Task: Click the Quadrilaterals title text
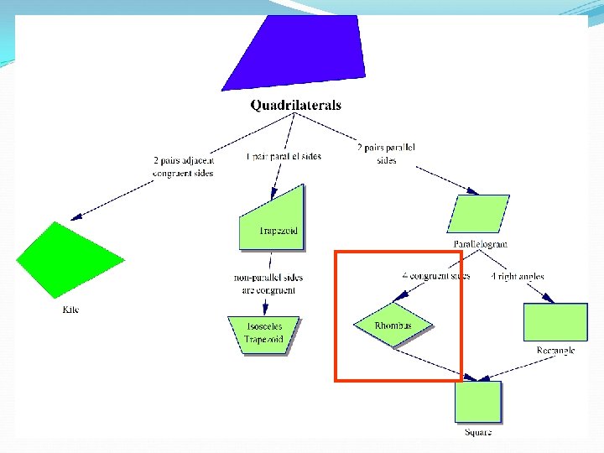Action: [295, 106]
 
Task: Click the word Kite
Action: [71, 310]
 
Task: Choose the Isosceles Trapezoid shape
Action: [264, 335]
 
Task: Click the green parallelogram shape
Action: [478, 214]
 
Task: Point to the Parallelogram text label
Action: [480, 244]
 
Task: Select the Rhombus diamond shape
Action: [393, 325]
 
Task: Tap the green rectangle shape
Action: [555, 321]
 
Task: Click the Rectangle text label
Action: [555, 351]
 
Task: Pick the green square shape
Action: [478, 401]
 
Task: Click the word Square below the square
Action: [478, 432]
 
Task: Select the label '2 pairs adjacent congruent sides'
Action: [183, 166]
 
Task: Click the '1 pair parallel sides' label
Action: [283, 156]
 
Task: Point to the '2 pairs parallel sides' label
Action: [387, 154]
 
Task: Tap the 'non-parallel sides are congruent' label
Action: [268, 284]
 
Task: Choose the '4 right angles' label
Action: [518, 276]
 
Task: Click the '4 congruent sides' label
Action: [435, 275]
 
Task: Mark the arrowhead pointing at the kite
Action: [76, 216]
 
